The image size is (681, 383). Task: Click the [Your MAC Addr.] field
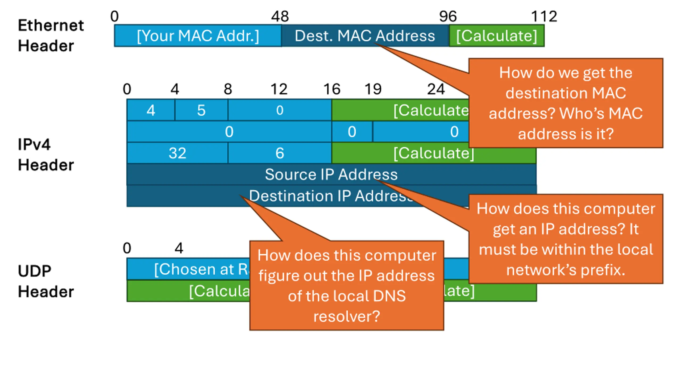point(198,36)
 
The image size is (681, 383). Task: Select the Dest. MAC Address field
point(365,36)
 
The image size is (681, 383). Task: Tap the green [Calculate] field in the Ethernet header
point(496,36)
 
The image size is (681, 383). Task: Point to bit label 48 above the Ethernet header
point(280,16)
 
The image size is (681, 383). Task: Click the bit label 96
point(448,16)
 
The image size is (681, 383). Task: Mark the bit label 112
point(544,16)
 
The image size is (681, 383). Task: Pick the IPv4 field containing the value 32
point(177,153)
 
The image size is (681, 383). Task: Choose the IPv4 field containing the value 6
point(280,153)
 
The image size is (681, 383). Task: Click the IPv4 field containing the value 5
point(201,110)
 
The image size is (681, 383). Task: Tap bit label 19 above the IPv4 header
point(373,89)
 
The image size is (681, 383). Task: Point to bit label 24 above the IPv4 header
point(436,89)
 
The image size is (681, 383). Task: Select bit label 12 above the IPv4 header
point(279,89)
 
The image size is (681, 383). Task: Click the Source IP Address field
point(331,174)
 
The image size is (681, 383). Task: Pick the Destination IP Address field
point(186,196)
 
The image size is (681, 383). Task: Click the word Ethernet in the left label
point(51,26)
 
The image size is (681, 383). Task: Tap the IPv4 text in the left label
point(34,145)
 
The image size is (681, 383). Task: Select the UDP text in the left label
point(35,271)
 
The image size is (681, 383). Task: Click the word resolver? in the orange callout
point(347,317)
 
